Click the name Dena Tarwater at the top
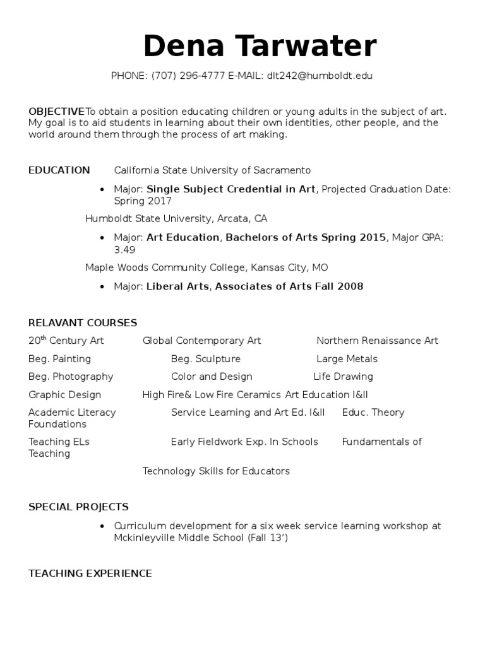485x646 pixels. [260, 47]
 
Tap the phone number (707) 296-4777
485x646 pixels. [188, 76]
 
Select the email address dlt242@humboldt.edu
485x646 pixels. [320, 76]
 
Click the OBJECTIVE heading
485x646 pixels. [56, 111]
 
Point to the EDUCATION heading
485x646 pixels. [59, 170]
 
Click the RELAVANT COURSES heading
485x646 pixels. [83, 323]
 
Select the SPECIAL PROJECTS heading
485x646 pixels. [78, 507]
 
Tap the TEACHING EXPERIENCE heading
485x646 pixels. [90, 573]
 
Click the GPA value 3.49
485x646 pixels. [125, 249]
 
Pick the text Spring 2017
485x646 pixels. [143, 201]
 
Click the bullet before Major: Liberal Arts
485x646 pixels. [102, 287]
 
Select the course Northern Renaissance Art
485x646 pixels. [377, 341]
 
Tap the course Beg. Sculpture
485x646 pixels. [205, 359]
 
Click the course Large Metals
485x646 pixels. [347, 359]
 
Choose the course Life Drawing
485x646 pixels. [344, 377]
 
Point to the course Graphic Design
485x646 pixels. [64, 395]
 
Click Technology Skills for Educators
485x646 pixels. [216, 471]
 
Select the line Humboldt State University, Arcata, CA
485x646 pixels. [176, 219]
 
